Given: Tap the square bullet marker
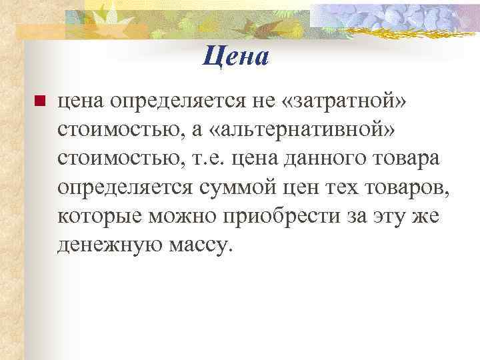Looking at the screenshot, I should point(38,102).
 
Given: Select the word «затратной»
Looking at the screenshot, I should point(341,101).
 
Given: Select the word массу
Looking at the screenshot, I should point(199,246).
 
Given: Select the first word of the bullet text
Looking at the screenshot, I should point(81,101).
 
